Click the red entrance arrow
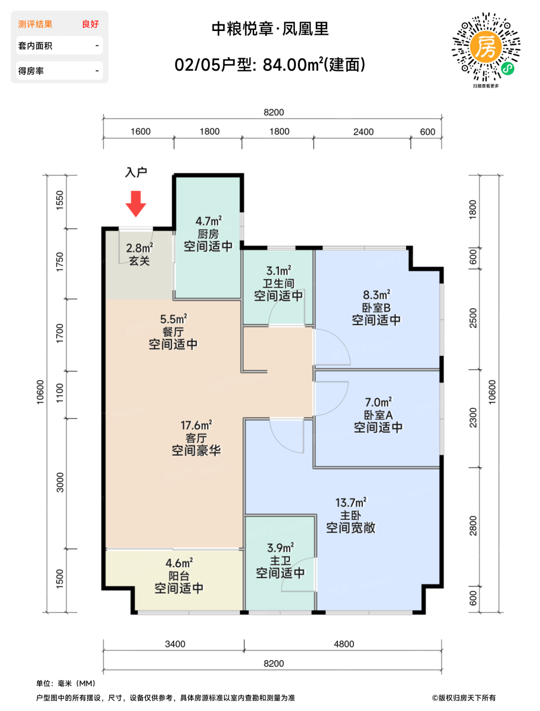coord(136,204)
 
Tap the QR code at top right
coord(486,47)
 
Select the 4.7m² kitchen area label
coord(209,221)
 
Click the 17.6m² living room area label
coord(196,425)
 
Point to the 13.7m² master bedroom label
coord(351,502)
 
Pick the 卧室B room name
coord(376,307)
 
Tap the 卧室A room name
coord(378,415)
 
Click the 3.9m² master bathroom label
coord(281,548)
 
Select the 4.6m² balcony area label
coord(179,563)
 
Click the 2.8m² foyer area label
coord(140,248)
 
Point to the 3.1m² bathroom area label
coord(279,271)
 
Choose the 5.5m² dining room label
coord(174,319)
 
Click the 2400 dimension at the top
coord(363,132)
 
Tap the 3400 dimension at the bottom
coord(175,644)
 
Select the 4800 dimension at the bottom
coord(344,644)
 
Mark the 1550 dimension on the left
coord(60,200)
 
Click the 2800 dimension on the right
coord(473,526)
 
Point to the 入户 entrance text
coord(136,172)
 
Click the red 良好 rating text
coord(90,24)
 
